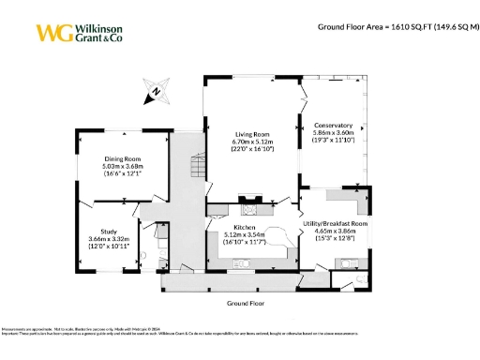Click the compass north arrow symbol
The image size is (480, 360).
point(155,94)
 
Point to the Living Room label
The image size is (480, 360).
point(251,134)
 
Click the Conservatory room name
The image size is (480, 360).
point(332,126)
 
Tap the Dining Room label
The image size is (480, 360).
point(122,158)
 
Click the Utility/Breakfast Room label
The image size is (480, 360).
point(335,223)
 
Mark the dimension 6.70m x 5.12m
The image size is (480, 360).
point(251,142)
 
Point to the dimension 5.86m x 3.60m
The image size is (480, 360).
point(332,133)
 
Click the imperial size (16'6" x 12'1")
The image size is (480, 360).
point(122,173)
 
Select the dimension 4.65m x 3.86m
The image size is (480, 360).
point(335,231)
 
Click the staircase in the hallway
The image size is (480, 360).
point(195,170)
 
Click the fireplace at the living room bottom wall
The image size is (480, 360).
point(248,198)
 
